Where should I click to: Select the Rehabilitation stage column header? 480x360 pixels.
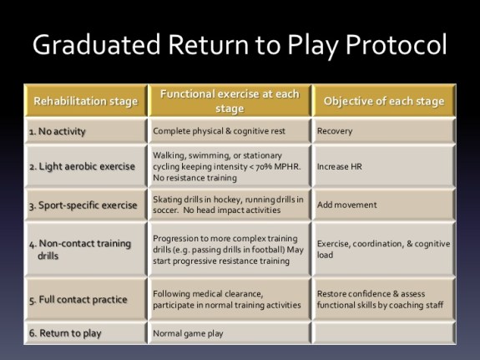85,102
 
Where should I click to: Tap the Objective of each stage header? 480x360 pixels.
383,102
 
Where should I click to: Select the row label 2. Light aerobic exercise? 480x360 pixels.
82,166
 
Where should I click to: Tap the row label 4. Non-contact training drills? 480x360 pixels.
79,249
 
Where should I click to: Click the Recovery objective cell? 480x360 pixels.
335,132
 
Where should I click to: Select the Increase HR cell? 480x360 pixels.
338,166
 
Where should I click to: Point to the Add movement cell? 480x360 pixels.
346,205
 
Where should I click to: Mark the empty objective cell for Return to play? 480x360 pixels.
384,333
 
